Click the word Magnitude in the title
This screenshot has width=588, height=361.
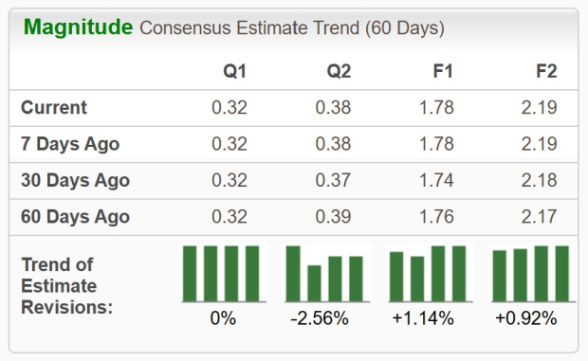(78, 27)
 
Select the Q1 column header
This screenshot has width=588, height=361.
(234, 71)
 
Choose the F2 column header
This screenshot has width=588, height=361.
(544, 71)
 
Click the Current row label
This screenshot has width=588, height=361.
(54, 108)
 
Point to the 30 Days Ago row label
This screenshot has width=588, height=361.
(75, 181)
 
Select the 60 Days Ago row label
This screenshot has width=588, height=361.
(75, 217)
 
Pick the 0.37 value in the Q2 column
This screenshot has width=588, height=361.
(333, 181)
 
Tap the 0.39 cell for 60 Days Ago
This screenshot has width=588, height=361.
(333, 217)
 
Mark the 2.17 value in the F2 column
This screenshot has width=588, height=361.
(539, 217)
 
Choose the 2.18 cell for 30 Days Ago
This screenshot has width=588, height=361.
(539, 181)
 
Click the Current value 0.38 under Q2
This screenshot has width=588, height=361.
(333, 108)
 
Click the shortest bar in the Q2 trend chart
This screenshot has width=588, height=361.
(314, 282)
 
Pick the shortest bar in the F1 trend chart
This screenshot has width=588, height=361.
(417, 278)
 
